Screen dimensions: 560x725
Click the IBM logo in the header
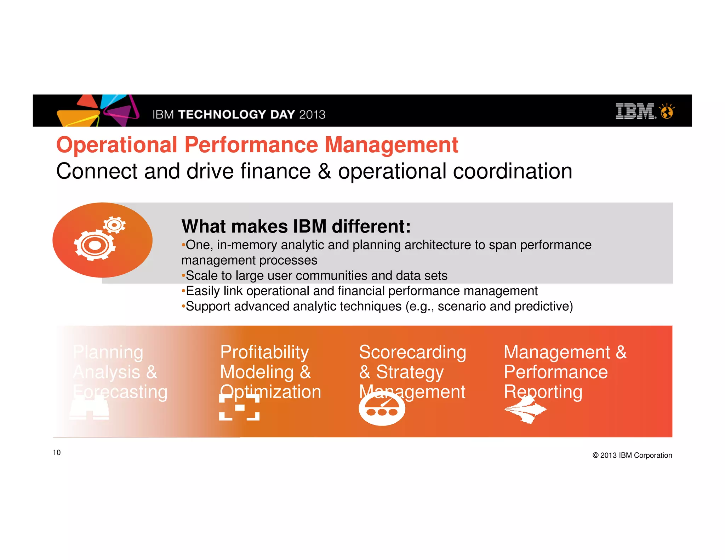pos(635,111)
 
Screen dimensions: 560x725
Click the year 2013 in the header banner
pos(312,115)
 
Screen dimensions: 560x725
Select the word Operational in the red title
pos(117,145)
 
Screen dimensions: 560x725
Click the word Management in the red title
pos(392,145)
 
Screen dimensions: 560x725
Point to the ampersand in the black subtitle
pos(324,172)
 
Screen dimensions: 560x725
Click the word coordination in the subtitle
pos(512,172)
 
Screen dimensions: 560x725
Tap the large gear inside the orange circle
pos(95,245)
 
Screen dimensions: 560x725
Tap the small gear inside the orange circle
pos(114,225)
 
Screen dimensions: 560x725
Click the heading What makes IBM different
pos(296,226)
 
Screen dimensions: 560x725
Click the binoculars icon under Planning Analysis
pos(89,409)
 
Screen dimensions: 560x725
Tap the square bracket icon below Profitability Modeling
pos(239,407)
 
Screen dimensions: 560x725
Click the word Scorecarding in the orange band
pos(412,352)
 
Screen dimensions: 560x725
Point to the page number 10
pos(57,452)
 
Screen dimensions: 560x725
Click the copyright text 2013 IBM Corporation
pos(632,455)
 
